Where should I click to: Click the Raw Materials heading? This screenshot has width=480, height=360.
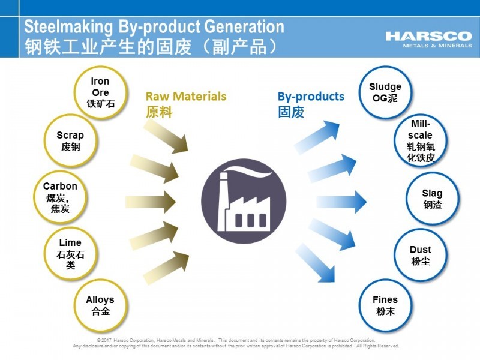coord(186,97)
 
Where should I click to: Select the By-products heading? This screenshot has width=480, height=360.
coord(311,97)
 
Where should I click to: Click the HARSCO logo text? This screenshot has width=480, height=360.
coord(428,36)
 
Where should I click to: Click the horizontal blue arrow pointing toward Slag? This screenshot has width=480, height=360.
coord(341,202)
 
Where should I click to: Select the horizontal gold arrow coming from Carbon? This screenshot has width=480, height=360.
coord(151,202)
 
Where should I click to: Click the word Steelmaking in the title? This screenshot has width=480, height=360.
coord(68,27)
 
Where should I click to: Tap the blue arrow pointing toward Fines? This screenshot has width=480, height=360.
coord(316,263)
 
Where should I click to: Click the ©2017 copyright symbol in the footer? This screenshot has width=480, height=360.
coord(99,340)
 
